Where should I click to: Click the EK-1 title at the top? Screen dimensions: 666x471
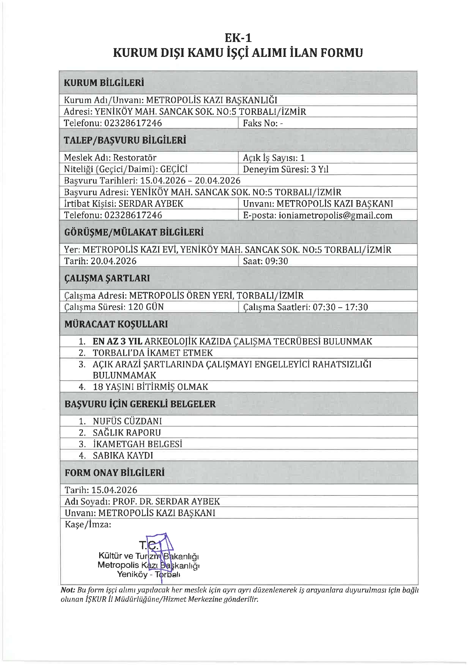tap(238, 37)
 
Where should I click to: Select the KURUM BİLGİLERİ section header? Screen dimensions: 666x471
tap(104, 83)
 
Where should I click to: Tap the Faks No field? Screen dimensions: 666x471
tap(263, 123)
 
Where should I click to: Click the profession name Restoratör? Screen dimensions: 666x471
tap(135, 158)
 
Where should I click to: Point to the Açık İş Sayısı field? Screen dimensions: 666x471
tap(274, 158)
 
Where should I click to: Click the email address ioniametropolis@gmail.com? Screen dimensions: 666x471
tap(335, 215)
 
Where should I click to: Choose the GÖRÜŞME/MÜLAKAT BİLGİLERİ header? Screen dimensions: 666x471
tap(134, 232)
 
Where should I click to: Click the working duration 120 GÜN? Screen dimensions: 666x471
tap(146, 307)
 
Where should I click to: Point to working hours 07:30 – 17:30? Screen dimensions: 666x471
tap(340, 307)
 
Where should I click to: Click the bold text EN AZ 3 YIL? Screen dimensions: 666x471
tap(117, 341)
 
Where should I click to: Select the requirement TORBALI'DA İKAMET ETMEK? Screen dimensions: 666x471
tap(153, 353)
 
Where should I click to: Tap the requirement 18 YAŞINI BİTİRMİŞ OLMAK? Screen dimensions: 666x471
tap(150, 387)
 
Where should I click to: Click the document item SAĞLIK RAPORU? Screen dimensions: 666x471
tap(127, 433)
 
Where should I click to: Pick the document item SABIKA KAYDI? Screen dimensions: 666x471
tap(123, 455)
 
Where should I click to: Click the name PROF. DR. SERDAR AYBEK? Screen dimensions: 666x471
tap(166, 501)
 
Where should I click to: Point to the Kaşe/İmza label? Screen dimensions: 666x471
tap(88, 524)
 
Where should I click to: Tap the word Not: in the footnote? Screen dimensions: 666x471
tap(68, 590)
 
